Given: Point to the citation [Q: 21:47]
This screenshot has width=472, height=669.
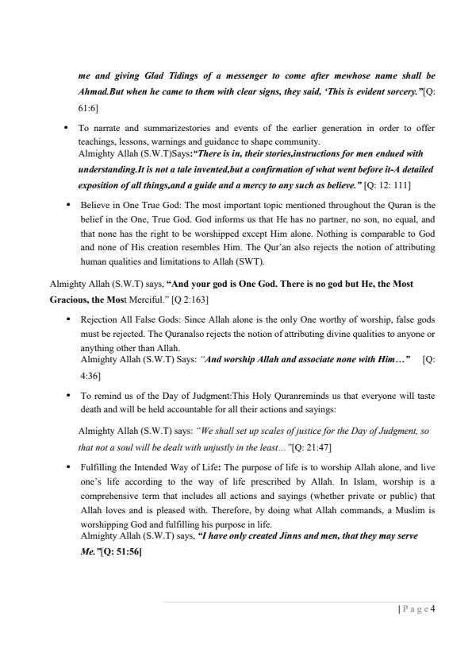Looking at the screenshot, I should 305,447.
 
